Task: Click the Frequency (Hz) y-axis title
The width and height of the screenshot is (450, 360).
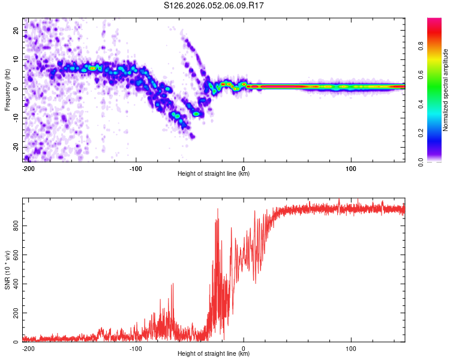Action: tap(7, 90)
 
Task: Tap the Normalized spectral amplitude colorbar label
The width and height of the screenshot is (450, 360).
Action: tap(446, 90)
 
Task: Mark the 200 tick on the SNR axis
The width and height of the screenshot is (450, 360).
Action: tap(14, 313)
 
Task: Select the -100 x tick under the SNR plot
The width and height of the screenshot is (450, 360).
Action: tap(136, 348)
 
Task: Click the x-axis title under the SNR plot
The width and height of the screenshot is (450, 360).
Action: tap(214, 354)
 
